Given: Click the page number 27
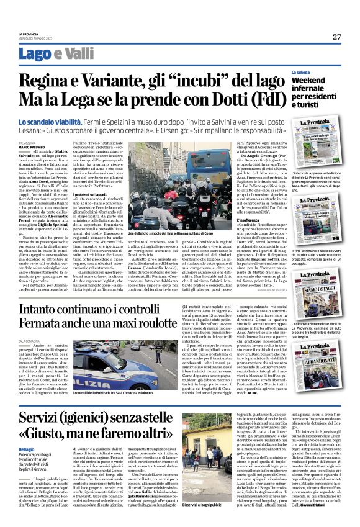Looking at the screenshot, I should coord(336,36).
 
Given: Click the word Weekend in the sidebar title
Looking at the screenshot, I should coord(308,81).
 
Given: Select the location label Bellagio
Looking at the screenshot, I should coord(27,449).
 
